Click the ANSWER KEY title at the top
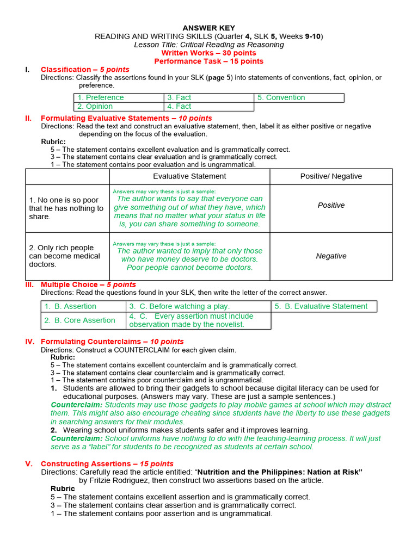tap(208, 28)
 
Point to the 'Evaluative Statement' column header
tap(189, 176)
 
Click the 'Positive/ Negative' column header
tap(331, 176)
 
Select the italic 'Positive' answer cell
tap(331, 205)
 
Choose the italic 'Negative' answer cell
tap(331, 256)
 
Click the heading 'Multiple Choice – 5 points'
tap(88, 284)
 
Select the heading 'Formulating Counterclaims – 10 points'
tap(112, 342)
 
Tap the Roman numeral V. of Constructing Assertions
tap(29, 463)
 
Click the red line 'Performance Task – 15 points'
tap(208, 61)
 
